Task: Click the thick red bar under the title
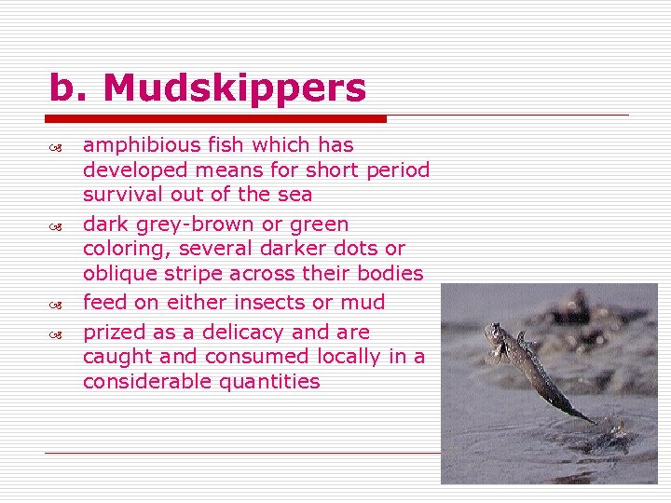(x=215, y=119)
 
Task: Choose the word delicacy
(x=241, y=333)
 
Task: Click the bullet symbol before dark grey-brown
(x=57, y=225)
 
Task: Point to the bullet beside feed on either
(x=57, y=304)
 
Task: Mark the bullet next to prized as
(x=57, y=333)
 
